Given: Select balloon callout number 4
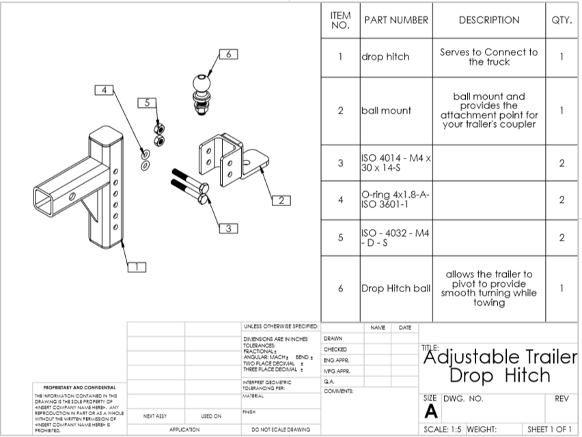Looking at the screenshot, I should click(x=104, y=90).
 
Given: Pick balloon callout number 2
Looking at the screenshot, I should click(x=281, y=200).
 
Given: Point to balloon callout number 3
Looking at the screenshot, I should click(x=228, y=228).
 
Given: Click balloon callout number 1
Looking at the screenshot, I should click(x=135, y=267).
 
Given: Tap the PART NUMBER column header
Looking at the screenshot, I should click(x=396, y=20).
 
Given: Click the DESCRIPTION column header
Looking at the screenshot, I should click(x=488, y=20).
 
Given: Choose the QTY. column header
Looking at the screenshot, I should click(x=561, y=20).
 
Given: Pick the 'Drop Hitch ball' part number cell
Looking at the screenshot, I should click(x=396, y=289).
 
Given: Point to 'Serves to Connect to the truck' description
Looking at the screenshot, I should click(x=488, y=57).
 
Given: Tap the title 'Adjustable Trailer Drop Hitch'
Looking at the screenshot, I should click(x=499, y=365).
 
